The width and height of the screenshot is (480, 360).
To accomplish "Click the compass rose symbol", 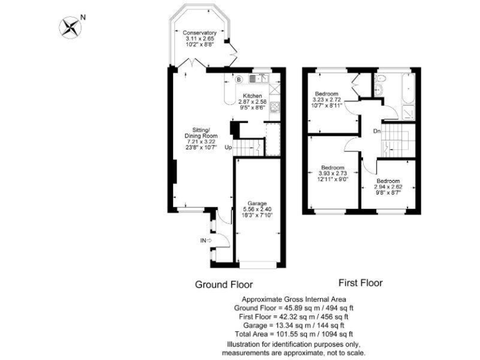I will [x=71, y=26].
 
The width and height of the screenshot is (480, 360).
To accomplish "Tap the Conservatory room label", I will [x=200, y=32].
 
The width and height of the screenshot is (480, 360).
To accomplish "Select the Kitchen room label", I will [x=252, y=96].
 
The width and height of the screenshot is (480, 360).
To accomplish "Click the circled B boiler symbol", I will [x=238, y=80].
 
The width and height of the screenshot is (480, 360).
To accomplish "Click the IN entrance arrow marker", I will [x=206, y=239].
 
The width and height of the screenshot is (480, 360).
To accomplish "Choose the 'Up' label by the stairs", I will [x=228, y=147].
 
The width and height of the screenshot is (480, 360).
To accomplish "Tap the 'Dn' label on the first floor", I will [x=377, y=131].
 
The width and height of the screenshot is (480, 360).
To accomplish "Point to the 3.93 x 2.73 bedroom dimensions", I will [x=332, y=173].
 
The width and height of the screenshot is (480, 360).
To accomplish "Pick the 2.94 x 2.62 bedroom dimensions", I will [x=387, y=186].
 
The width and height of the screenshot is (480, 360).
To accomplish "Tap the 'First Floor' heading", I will [x=360, y=283].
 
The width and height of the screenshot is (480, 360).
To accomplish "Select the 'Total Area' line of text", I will [x=294, y=334].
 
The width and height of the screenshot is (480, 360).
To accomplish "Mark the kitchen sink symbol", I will [x=256, y=79].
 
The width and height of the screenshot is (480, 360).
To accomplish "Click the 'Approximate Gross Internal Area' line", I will [x=294, y=299].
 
